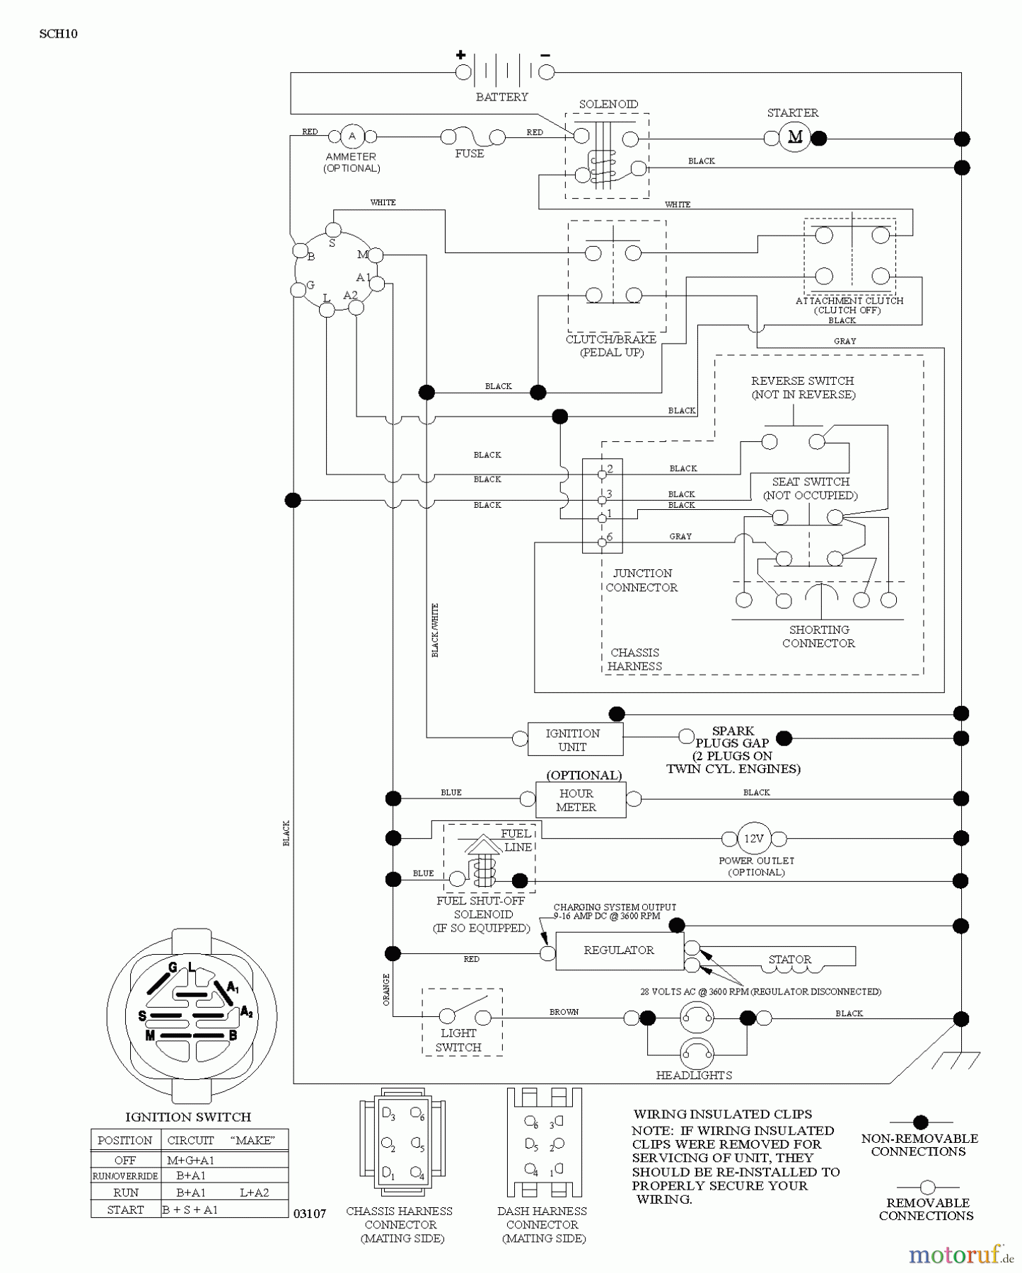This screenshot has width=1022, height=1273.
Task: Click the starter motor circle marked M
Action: (x=795, y=137)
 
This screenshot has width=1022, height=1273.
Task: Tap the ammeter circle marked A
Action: (x=352, y=136)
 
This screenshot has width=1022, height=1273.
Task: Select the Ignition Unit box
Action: (x=574, y=740)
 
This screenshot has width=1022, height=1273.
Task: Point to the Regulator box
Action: (x=619, y=951)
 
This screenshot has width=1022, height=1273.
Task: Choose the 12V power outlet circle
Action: (x=753, y=839)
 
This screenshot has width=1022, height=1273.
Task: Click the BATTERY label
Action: (x=501, y=97)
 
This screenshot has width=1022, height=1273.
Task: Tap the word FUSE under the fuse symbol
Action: (x=470, y=153)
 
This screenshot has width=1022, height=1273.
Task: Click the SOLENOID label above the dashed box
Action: (x=608, y=104)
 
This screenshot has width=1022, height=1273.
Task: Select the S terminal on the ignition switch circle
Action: (x=333, y=230)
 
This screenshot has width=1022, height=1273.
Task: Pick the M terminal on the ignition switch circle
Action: (x=376, y=255)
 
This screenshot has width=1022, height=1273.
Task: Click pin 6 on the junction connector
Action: (x=603, y=542)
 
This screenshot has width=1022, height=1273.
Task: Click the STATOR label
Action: (x=790, y=960)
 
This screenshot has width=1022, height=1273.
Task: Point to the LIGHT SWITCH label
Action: (x=458, y=1040)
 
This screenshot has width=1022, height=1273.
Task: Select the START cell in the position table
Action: (x=126, y=1209)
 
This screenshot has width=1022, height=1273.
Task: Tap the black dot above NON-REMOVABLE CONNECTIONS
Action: (x=920, y=1122)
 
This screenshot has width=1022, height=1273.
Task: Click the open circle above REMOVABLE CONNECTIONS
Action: (x=927, y=1187)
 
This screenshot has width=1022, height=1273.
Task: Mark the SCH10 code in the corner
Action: (x=59, y=34)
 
